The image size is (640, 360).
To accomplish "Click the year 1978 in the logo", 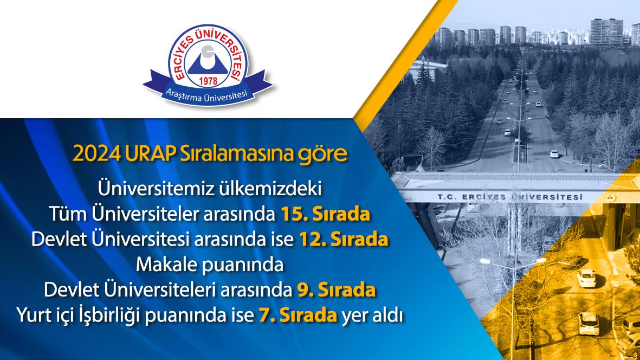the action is (x=208, y=81).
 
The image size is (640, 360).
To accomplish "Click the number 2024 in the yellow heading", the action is (x=97, y=154).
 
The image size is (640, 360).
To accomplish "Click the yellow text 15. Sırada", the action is (x=325, y=214).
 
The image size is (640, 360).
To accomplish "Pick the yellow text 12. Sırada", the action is (x=343, y=240).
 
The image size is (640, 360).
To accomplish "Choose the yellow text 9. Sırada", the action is (x=336, y=290).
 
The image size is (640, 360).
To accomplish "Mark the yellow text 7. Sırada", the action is (x=298, y=316).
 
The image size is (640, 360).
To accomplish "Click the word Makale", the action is (x=166, y=265).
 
